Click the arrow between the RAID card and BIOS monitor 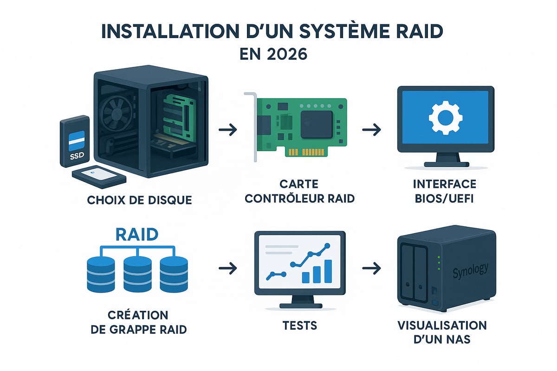371,130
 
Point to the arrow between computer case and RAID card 227,130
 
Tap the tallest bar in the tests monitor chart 328,271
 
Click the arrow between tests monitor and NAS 371,268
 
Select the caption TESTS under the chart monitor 300,325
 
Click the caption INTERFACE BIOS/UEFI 444,192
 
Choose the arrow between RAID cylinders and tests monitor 227,268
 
